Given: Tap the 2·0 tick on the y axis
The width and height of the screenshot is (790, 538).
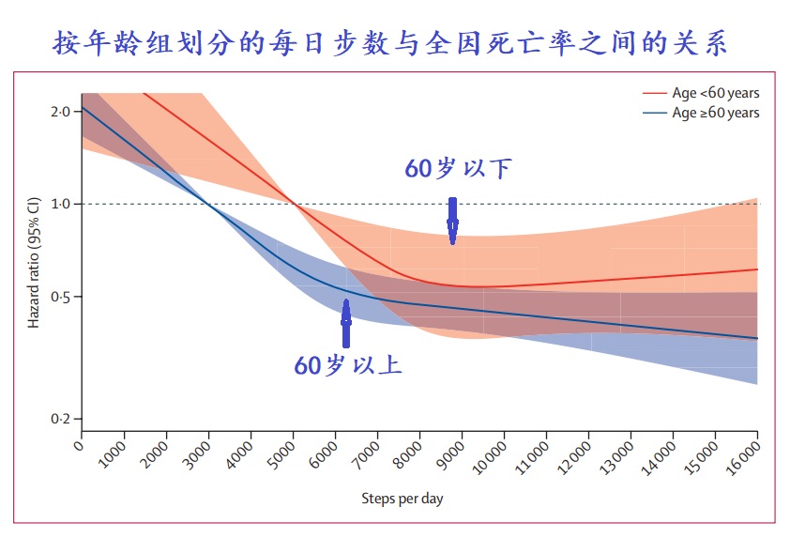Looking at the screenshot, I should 60,112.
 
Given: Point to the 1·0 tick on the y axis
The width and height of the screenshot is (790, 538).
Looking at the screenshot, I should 60,204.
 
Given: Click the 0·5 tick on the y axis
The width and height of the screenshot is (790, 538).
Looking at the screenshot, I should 60,297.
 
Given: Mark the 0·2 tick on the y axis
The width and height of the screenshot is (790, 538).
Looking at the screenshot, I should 60,419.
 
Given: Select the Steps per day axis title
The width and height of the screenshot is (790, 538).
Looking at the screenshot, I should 402,499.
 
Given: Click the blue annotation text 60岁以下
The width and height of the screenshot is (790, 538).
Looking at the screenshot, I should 459,169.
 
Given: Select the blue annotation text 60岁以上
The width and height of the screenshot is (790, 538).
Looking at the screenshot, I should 348,364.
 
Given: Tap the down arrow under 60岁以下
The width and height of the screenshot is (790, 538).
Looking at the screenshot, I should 452,222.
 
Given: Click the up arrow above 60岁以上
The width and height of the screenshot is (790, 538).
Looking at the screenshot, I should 346,324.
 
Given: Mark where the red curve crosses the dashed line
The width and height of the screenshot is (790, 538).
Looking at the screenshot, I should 294,204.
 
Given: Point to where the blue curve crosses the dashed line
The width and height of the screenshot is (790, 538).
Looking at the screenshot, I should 209,204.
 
